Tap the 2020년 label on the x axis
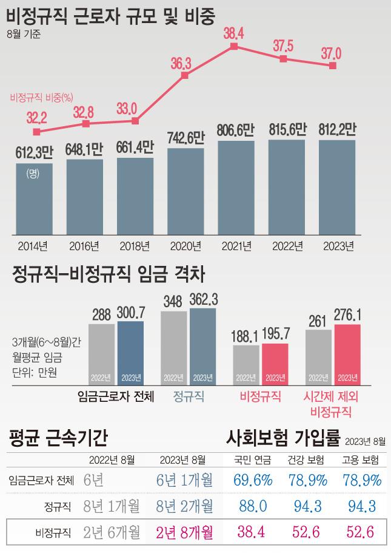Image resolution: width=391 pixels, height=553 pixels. (185, 246)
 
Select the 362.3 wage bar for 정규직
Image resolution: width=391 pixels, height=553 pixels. (202, 347)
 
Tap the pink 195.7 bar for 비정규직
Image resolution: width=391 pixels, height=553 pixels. (275, 364)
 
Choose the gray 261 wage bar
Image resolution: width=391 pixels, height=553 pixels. (319, 358)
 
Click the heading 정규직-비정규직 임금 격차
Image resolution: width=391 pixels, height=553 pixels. (109, 276)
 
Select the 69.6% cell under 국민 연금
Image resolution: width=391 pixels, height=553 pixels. (253, 480)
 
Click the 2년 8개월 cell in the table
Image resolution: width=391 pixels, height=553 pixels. (184, 533)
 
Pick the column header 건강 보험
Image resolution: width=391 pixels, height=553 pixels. (306, 459)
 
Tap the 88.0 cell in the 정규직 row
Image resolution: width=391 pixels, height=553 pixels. (253, 506)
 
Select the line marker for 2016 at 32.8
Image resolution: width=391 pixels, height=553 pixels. (85, 124)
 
